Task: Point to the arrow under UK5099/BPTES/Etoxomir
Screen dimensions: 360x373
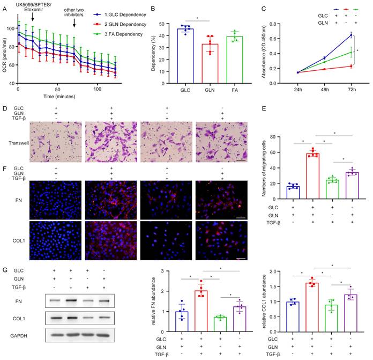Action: tap(33, 18)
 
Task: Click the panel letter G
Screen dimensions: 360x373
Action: tap(4, 270)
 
